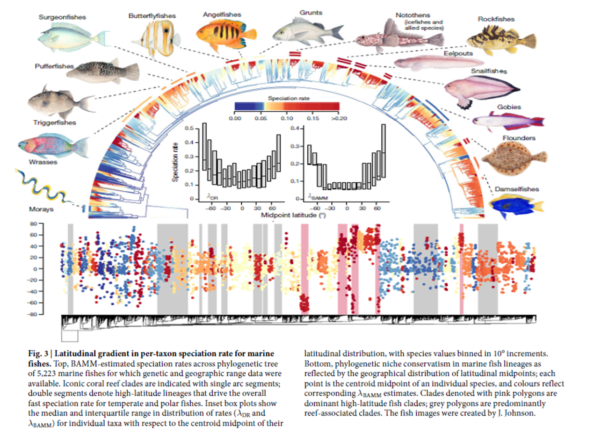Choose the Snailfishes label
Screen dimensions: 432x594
pos(489,71)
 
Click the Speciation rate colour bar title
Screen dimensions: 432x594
pos(286,98)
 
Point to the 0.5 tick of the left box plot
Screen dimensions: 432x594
pos(190,127)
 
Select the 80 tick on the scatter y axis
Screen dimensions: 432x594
pos(34,224)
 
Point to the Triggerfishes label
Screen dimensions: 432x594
pos(55,122)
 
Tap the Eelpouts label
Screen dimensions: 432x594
pos(458,53)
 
